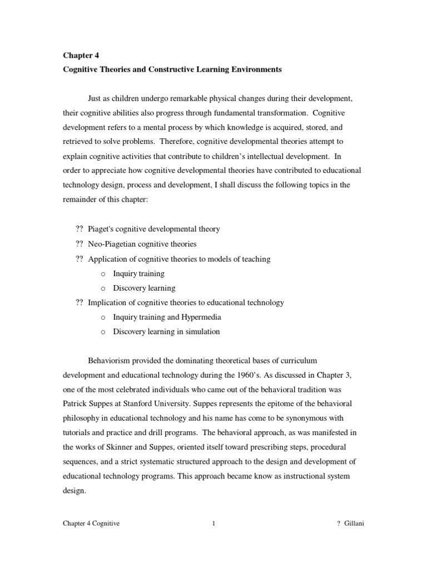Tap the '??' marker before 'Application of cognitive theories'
(78, 258)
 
